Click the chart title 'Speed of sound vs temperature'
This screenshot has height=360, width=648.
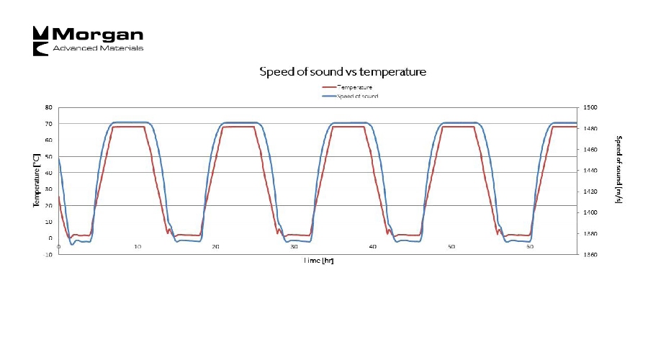point(343,72)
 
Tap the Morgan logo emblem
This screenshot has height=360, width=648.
point(40,40)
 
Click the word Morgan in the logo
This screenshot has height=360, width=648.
point(98,35)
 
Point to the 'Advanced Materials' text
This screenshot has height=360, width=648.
point(98,48)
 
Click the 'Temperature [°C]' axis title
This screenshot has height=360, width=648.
point(36,180)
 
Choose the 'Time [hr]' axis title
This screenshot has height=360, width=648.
point(318,261)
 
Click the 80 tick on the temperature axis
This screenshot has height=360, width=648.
point(48,107)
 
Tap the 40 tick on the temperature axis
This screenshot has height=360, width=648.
point(48,173)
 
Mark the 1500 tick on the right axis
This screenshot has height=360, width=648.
point(591,107)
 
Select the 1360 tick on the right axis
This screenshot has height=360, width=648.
point(591,255)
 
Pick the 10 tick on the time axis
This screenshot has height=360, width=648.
point(137,247)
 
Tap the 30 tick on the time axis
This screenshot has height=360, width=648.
point(294,247)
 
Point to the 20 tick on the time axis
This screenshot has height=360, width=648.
point(215,247)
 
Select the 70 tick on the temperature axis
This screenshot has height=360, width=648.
point(48,124)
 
